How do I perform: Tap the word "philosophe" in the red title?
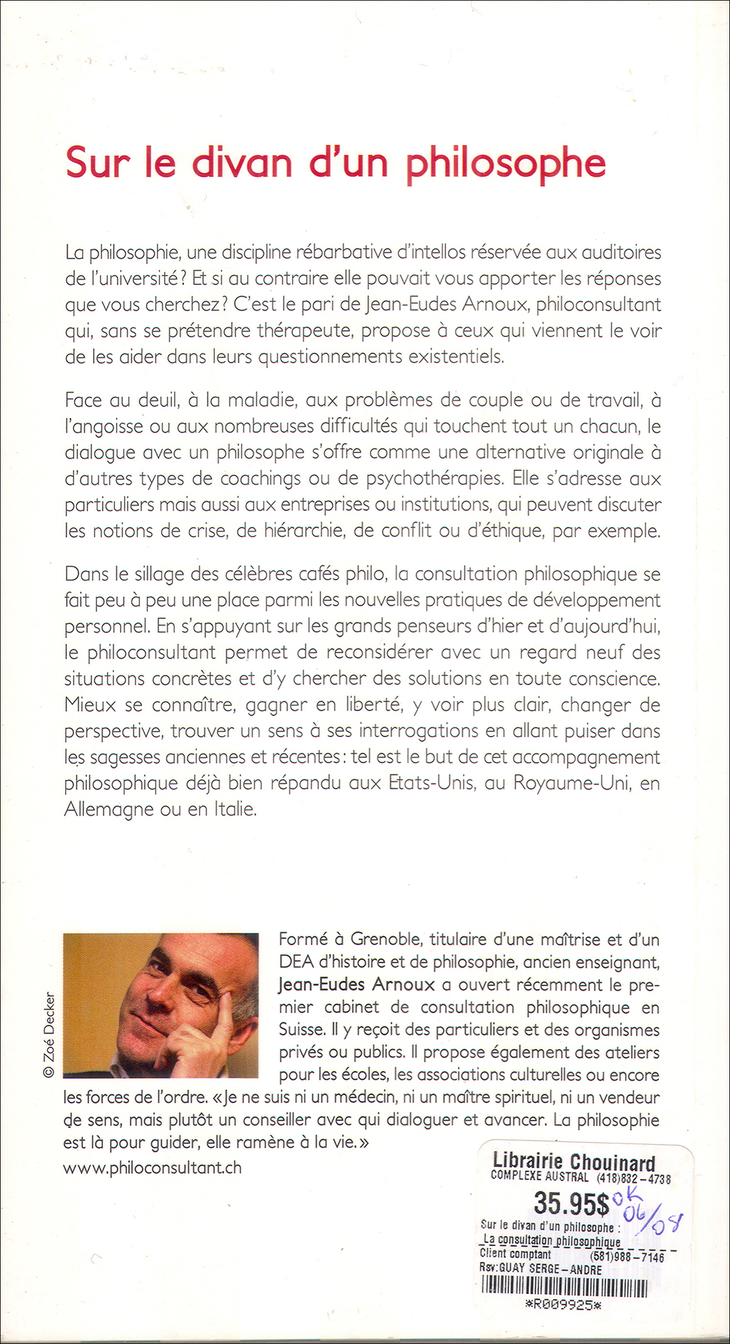506,163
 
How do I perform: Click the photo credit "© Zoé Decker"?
49,1034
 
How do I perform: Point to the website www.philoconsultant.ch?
152,1168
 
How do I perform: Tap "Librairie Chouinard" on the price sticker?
574,1162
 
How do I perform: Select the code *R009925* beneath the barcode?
563,1304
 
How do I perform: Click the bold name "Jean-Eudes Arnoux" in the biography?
356,985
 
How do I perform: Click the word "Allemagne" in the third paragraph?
109,809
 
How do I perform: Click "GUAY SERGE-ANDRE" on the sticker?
550,1270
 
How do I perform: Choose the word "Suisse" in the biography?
301,1030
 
